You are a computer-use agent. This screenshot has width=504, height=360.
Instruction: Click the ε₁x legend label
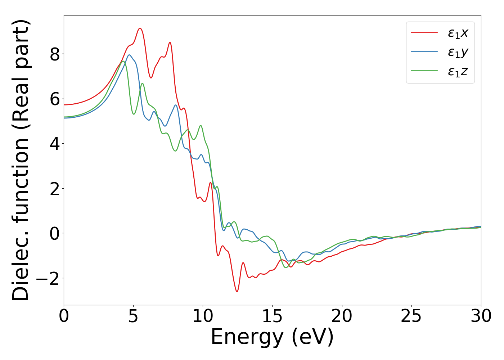point(458,33)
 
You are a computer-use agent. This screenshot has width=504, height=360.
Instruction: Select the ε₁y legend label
point(458,53)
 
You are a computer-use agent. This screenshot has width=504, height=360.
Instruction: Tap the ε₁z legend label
point(458,72)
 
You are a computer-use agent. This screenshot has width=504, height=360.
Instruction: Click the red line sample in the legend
point(424,32)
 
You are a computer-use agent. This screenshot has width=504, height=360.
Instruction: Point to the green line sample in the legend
point(424,71)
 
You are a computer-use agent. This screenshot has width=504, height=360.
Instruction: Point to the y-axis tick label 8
point(55,54)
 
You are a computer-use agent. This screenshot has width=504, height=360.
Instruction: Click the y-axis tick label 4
point(55,144)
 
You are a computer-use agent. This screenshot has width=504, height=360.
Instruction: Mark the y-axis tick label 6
point(55,99)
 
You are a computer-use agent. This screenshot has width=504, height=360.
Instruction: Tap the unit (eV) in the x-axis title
point(312,338)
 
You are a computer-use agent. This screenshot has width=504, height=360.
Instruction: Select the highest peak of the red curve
point(140,28)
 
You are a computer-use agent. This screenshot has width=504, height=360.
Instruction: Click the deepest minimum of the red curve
point(237,291)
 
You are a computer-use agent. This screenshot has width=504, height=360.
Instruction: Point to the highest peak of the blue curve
point(129,55)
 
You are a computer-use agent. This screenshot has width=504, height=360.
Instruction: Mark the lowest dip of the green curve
point(286,267)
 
